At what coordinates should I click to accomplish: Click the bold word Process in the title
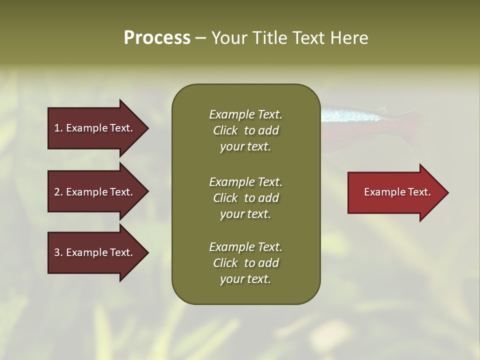coord(157,38)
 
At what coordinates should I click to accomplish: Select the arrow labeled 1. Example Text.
coord(95,128)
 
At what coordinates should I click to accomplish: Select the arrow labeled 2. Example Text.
coord(95,192)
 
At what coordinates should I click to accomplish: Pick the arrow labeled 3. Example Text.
coord(95,252)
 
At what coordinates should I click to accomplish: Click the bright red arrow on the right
coord(395,192)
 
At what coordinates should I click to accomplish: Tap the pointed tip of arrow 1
coord(147,128)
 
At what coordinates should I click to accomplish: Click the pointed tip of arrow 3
coord(147,252)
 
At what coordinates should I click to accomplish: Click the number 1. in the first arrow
coord(58,128)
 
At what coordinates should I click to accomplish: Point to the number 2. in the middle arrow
coord(58,192)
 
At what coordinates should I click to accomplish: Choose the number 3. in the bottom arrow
coord(58,252)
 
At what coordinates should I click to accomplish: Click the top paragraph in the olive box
coord(245,130)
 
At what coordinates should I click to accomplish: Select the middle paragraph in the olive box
coord(245,198)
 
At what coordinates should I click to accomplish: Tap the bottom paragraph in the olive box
coord(245,263)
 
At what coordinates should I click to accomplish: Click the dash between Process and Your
coord(200,38)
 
